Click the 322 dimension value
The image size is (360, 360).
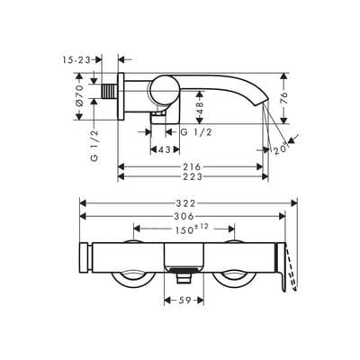coord(185,203)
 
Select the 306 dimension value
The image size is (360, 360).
coord(184,216)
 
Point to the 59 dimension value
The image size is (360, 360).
coord(184,301)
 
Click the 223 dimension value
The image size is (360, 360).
coord(193,177)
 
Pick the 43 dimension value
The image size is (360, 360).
coord(165,149)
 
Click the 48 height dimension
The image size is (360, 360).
coord(200,108)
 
